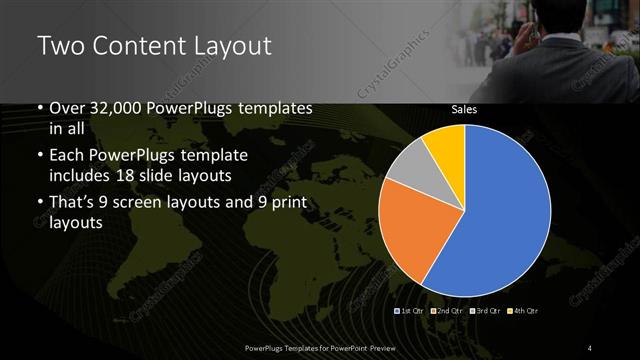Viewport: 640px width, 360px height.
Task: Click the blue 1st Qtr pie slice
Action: (x=500, y=210)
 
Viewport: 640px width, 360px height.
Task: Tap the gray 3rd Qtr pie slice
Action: (x=409, y=170)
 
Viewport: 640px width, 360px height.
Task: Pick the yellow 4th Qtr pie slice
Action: (x=444, y=146)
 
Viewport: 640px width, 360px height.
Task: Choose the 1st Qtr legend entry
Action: (x=413, y=312)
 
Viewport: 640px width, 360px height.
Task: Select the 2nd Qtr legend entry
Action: (x=448, y=312)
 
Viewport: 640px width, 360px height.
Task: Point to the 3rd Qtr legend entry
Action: (x=484, y=312)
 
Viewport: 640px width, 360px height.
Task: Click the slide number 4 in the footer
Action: (x=590, y=347)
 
